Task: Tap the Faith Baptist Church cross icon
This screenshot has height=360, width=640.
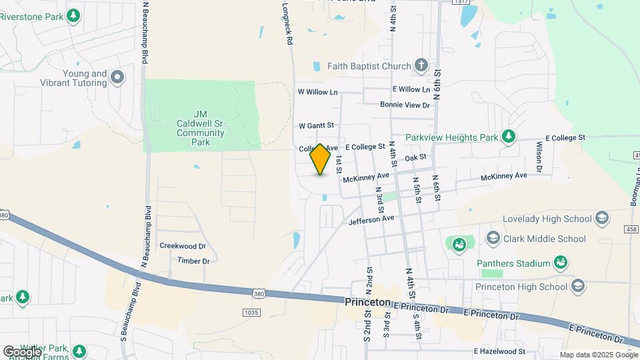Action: point(421,65)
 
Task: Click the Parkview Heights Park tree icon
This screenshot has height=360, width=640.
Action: point(509,137)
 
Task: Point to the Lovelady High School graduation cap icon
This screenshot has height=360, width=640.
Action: point(602,218)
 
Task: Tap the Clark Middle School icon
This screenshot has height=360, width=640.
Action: point(493,238)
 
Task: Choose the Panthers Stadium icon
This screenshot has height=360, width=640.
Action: point(562,263)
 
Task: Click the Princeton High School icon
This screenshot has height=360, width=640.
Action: point(577,286)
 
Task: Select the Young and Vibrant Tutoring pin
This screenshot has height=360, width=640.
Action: point(117,78)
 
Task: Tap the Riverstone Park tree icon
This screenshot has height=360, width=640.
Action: point(74,15)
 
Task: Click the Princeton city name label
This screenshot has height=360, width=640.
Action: point(367,302)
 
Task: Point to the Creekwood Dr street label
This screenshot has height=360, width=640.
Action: point(183,246)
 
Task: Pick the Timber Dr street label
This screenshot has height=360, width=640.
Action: point(193,261)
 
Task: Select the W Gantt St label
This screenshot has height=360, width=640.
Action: point(316,125)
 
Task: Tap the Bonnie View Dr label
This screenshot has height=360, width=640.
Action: point(405,105)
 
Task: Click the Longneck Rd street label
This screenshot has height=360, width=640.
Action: point(288,23)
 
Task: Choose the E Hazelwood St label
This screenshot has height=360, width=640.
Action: point(499,351)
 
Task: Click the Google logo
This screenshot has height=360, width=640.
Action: point(21,351)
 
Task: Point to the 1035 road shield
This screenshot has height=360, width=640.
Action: point(251,312)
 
